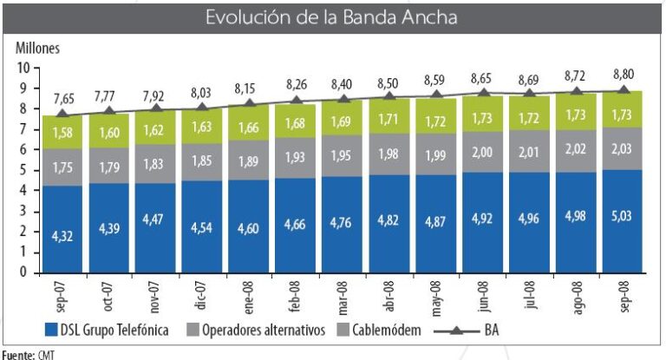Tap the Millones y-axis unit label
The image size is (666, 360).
(x=39, y=48)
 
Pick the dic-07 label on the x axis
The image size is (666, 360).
(x=200, y=293)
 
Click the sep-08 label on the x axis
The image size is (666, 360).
(x=622, y=293)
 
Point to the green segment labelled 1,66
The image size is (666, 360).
(x=249, y=128)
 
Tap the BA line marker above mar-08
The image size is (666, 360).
(x=343, y=101)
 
